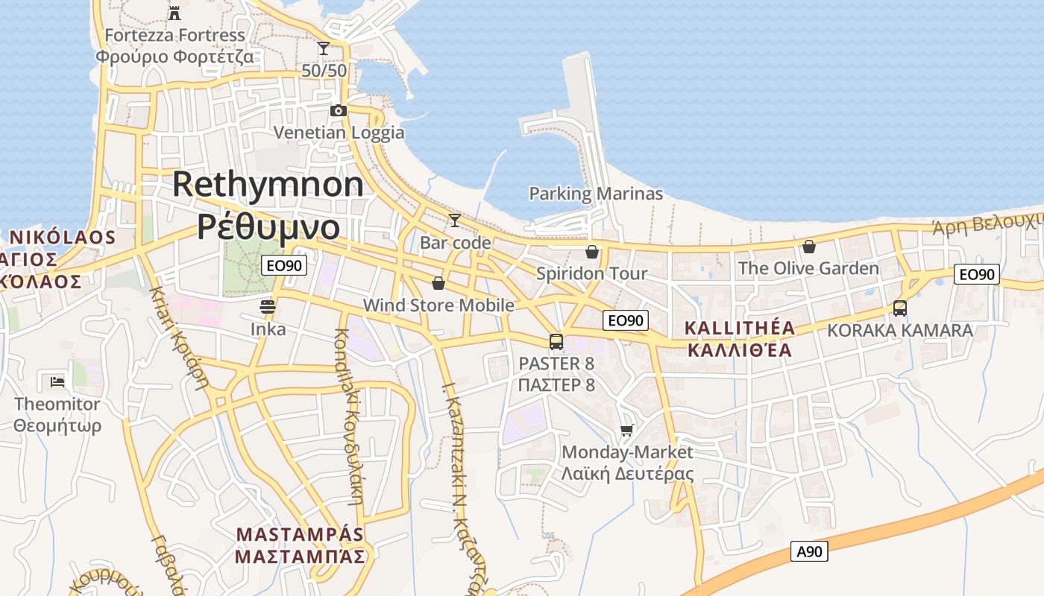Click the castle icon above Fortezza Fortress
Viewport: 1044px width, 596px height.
(x=174, y=12)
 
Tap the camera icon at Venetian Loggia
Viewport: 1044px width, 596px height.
(x=339, y=111)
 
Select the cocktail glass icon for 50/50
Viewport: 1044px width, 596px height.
(x=324, y=49)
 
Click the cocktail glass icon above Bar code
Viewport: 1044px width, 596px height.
(x=454, y=221)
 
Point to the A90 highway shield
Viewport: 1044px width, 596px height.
(x=809, y=552)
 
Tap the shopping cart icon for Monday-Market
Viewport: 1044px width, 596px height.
(x=627, y=430)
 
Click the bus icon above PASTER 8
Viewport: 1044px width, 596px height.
(x=556, y=342)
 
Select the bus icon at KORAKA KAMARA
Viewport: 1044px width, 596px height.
(x=900, y=308)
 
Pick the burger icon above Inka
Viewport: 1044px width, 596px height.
(x=268, y=306)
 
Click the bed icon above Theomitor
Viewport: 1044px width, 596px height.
(x=57, y=382)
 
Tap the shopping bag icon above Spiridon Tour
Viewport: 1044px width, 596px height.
(x=592, y=252)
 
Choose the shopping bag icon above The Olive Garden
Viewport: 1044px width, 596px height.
(x=809, y=247)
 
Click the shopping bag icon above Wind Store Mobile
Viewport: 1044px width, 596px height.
(x=438, y=283)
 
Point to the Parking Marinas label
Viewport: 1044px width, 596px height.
(x=596, y=194)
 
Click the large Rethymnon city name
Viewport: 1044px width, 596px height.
(x=268, y=185)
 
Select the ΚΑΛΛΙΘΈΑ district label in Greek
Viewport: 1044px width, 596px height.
(x=739, y=350)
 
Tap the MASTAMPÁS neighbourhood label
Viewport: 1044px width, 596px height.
(x=300, y=535)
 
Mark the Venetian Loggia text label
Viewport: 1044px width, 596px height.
(x=339, y=133)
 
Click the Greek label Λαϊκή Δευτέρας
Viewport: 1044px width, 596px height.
(x=627, y=474)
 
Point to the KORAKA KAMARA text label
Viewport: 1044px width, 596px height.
(x=900, y=330)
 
